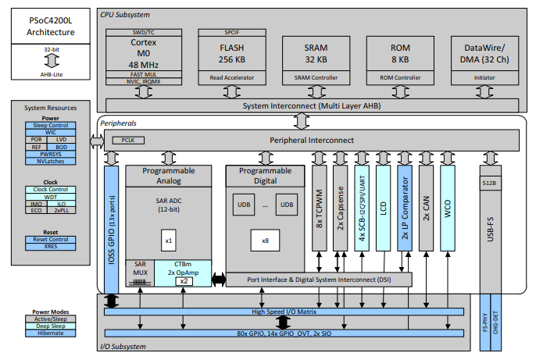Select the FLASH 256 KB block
(x=227, y=52)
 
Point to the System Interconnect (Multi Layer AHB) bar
(x=311, y=105)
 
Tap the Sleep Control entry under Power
(x=49, y=125)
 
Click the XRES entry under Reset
(x=49, y=247)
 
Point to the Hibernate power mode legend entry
(x=49, y=333)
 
